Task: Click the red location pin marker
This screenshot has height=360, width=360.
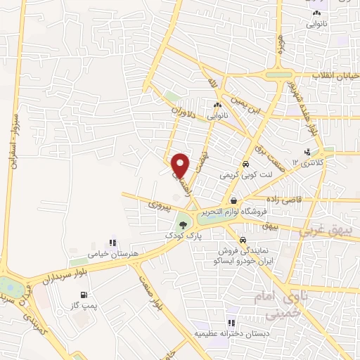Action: [x=181, y=165]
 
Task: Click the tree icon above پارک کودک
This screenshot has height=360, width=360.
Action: [x=184, y=224]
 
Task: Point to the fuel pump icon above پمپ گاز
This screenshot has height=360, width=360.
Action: [x=84, y=295]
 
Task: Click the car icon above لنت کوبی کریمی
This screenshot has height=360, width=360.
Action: [x=244, y=164]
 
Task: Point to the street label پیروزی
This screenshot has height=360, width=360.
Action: [x=155, y=204]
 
